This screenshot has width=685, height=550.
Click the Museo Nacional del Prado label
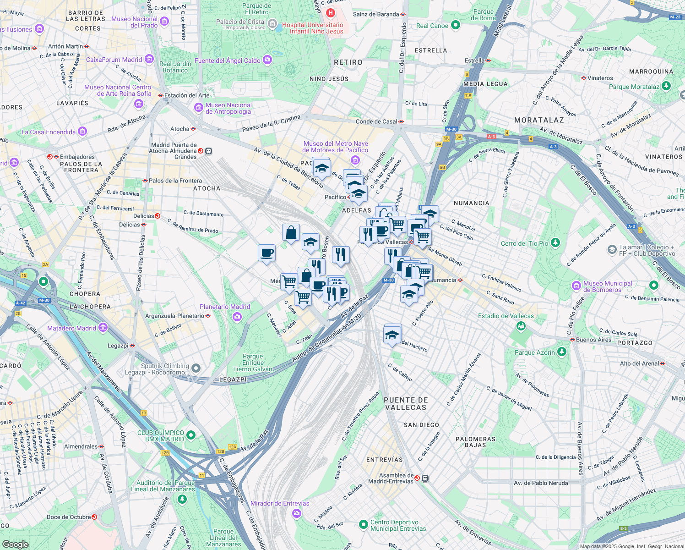click(135, 22)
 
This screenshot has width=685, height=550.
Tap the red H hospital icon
click(330, 13)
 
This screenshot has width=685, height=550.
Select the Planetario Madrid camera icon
click(237, 317)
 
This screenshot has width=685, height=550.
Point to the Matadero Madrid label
click(72, 328)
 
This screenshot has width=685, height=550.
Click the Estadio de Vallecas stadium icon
click(521, 326)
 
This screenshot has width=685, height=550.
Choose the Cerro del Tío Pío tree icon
click(555, 242)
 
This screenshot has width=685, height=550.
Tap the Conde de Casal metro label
click(376, 121)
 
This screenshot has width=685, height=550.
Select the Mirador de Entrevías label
click(280, 503)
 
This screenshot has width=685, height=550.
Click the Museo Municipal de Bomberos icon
click(576, 286)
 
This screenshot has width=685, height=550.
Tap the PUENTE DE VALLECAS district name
click(406, 404)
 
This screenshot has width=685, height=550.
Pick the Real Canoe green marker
click(455, 25)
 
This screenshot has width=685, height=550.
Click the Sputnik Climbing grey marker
click(196, 368)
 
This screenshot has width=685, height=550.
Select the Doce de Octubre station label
click(69, 517)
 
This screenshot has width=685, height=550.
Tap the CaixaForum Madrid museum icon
click(149, 59)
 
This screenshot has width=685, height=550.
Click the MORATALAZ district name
click(539, 120)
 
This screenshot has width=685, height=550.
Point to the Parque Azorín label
click(534, 352)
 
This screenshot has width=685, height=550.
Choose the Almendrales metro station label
click(81, 446)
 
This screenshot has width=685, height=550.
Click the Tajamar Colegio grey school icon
click(612, 250)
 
